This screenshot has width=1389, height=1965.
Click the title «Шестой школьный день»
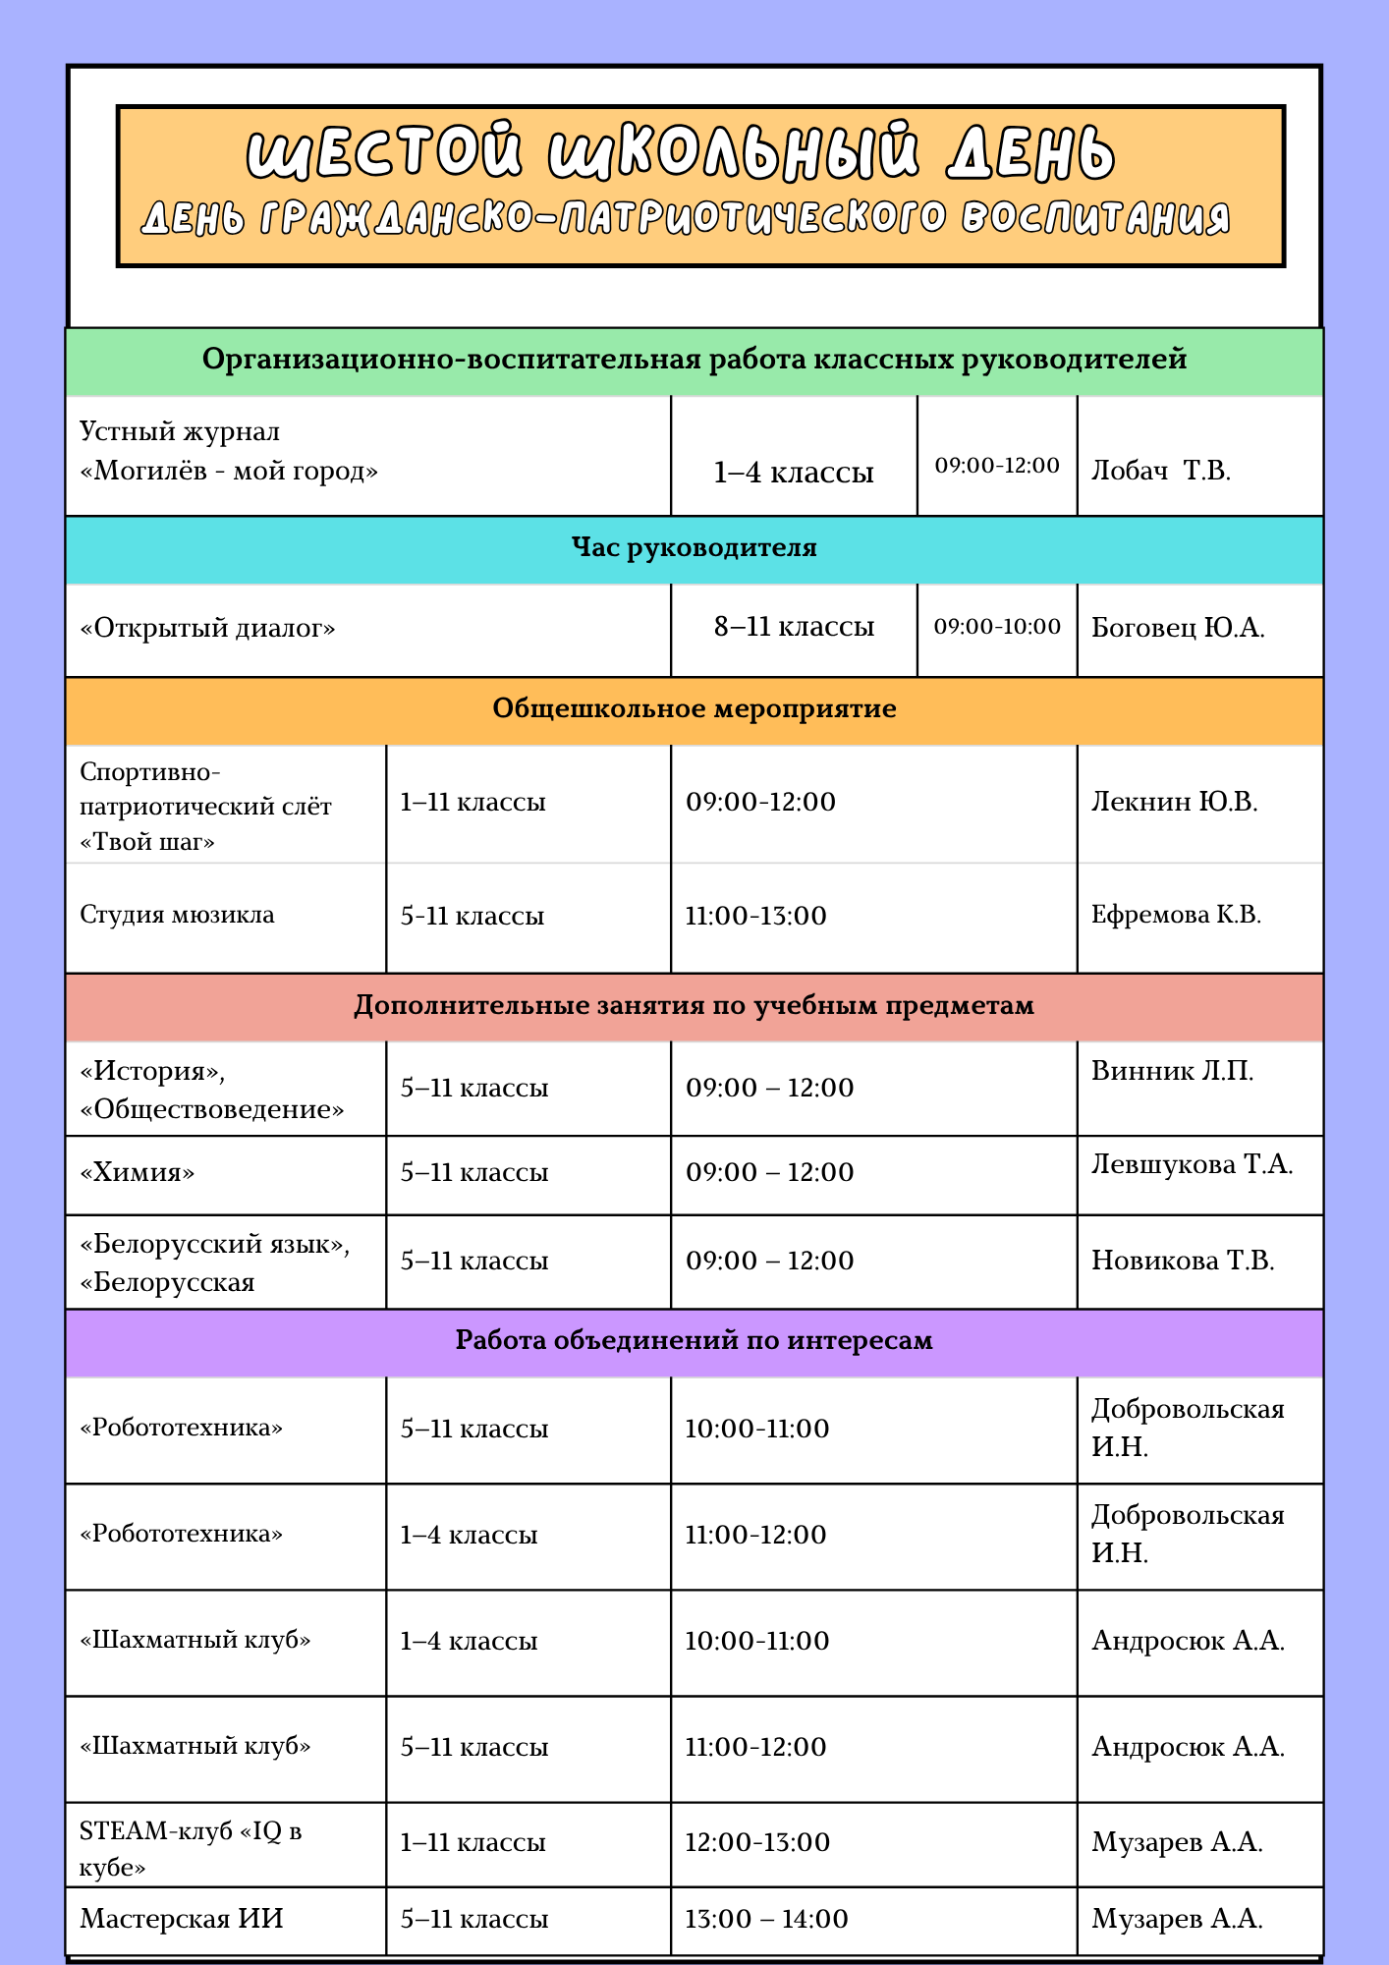[681, 152]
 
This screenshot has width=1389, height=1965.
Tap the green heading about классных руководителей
[694, 360]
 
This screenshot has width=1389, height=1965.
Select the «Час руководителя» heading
[694, 548]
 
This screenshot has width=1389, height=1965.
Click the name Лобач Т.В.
[1160, 471]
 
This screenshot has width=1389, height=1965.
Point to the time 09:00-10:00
[997, 627]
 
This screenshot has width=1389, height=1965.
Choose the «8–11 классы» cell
[794, 627]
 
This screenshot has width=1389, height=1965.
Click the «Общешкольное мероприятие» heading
[694, 709]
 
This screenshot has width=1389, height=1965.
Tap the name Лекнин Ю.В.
[1174, 802]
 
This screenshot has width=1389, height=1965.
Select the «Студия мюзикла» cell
[177, 915]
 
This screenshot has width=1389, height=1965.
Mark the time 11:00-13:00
[755, 916]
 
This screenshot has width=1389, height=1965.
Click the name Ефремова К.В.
[1176, 915]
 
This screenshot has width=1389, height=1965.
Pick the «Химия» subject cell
[138, 1172]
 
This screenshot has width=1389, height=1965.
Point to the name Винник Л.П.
[1172, 1071]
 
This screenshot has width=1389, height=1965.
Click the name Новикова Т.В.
[1183, 1261]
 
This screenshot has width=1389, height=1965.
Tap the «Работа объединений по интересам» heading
[694, 1341]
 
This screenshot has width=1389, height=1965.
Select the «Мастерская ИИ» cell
[182, 1919]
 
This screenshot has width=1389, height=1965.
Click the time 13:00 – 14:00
[766, 1919]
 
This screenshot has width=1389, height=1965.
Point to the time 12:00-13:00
[757, 1842]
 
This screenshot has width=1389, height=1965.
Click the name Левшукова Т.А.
[1192, 1165]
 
